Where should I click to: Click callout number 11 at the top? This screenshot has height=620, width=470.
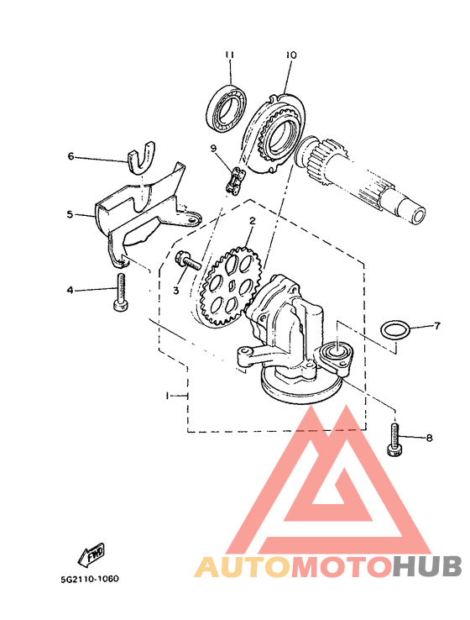pos(229,55)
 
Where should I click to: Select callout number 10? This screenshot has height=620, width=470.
pos(290,55)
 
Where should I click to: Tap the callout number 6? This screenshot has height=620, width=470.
pos(70,156)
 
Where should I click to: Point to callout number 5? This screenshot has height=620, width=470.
pos(70,215)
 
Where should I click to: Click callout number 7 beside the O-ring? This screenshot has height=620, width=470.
pos(436,326)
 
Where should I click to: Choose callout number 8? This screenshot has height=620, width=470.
pos(430,438)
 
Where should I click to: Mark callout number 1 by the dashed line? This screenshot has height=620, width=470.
pos(168,396)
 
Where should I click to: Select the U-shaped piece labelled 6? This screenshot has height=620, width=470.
pos(141,158)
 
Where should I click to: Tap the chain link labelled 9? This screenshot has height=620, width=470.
pos(236,180)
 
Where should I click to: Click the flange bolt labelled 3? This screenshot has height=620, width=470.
pos(187,260)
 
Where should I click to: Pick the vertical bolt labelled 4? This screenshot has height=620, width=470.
pos(120,292)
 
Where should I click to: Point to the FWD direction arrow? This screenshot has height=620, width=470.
pos(91,554)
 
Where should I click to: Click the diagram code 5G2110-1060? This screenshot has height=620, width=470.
pos(90,579)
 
